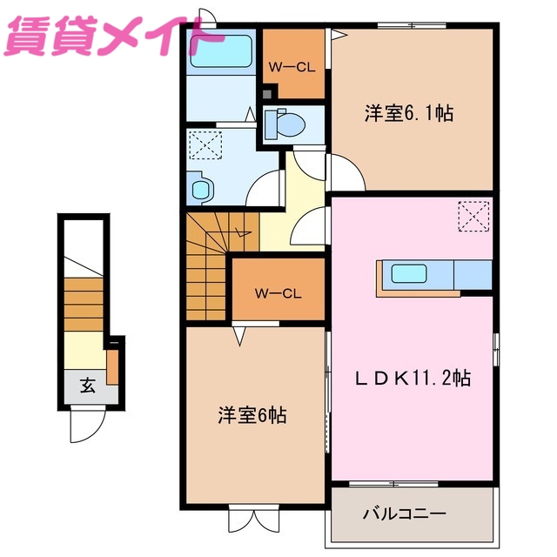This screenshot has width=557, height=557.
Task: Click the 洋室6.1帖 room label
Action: click(408, 114)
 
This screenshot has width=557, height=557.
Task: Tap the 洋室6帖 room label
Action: click(252, 415)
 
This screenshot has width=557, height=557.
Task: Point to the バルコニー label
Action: click(404, 514)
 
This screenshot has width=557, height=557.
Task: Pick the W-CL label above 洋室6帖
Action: click(278, 293)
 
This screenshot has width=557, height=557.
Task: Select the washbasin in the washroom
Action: click(200, 187)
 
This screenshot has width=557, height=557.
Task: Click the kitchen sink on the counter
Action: click(409, 273)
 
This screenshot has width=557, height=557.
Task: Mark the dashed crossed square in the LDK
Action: click(473, 216)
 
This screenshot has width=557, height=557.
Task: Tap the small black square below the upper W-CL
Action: click(267, 92)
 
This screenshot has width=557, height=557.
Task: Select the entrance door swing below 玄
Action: click(87, 426)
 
